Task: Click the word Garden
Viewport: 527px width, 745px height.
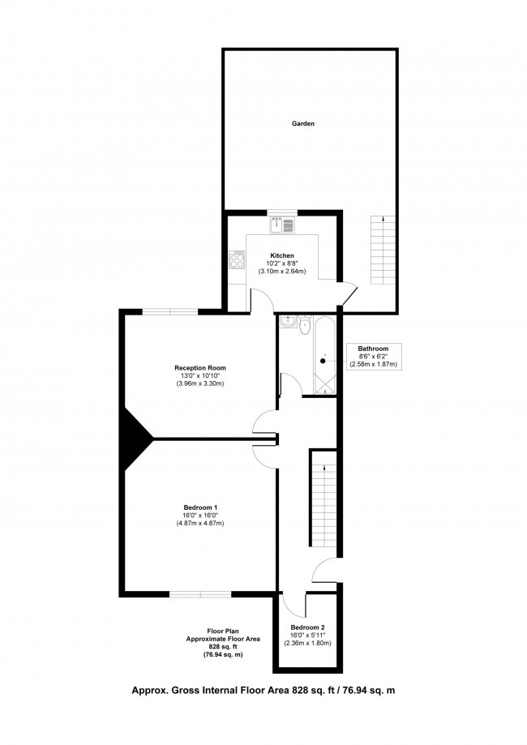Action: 303,124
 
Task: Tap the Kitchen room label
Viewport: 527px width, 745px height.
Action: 282,255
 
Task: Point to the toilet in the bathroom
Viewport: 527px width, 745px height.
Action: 303,326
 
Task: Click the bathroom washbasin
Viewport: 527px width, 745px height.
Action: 287,323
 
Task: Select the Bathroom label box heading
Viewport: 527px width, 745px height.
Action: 373,349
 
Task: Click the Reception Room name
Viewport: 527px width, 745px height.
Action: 199,368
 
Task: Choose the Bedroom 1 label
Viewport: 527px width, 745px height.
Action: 199,507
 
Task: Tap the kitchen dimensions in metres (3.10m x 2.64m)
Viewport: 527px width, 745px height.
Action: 282,271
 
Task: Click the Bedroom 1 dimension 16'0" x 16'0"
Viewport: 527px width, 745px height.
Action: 199,516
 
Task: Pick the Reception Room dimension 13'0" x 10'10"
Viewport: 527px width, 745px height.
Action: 199,376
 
